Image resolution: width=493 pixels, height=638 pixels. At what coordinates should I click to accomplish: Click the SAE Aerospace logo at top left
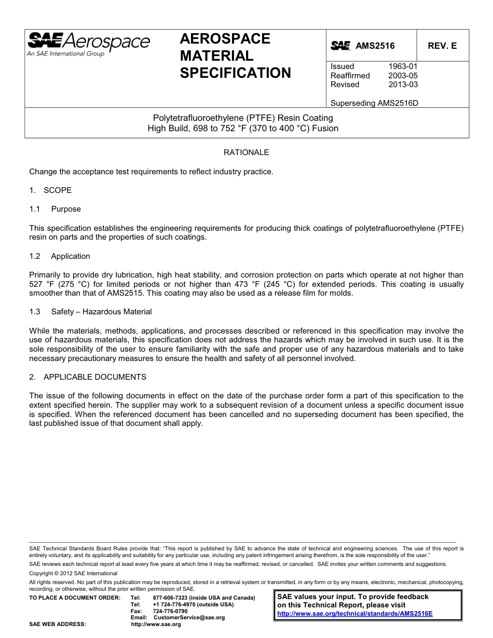pyautogui.click(x=88, y=44)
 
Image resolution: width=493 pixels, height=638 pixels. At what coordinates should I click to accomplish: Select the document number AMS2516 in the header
pyautogui.click(x=375, y=46)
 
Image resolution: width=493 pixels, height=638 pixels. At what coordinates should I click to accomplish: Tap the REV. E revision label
pyautogui.click(x=442, y=46)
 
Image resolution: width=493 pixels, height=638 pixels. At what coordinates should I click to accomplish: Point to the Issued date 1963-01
pyautogui.click(x=403, y=66)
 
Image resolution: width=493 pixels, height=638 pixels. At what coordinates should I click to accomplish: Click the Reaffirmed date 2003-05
pyautogui.click(x=403, y=76)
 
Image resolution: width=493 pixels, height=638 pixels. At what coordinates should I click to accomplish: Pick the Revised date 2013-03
pyautogui.click(x=403, y=85)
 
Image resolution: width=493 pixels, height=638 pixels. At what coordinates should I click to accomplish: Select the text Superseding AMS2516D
pyautogui.click(x=374, y=103)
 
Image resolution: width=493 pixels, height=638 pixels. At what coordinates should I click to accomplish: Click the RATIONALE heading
pyautogui.click(x=246, y=152)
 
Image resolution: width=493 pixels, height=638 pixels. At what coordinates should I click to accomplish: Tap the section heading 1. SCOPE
pyautogui.click(x=50, y=190)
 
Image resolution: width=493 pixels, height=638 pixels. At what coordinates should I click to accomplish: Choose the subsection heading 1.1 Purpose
pyautogui.click(x=56, y=209)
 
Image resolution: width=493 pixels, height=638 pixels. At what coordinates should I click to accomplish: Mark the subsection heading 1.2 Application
pyautogui.click(x=60, y=256)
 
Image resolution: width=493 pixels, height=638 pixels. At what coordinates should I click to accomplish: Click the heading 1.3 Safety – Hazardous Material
pyautogui.click(x=91, y=312)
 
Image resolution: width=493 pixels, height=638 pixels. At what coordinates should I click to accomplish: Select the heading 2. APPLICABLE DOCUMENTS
pyautogui.click(x=88, y=377)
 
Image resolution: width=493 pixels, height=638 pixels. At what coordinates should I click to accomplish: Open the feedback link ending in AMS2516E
pyautogui.click(x=354, y=613)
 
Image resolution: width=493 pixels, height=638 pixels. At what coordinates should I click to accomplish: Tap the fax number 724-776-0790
pyautogui.click(x=170, y=611)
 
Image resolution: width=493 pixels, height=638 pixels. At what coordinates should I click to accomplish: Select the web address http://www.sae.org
pyautogui.click(x=156, y=625)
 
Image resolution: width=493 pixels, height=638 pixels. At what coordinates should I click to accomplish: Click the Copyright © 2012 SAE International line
pyautogui.click(x=73, y=573)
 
